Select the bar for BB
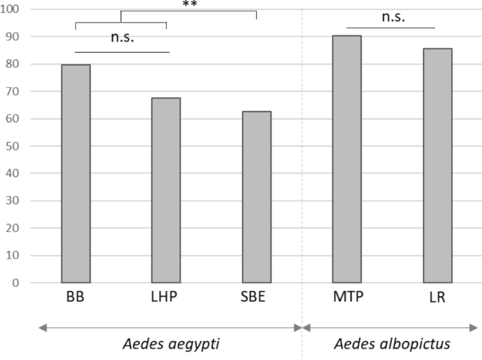pos(76,174)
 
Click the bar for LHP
pos(166,191)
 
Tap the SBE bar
pos(257,197)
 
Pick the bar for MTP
pos(347,159)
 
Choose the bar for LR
pos(437,165)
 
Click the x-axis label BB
pos(76,297)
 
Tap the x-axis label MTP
pos(347,297)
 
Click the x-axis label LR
pos(437,297)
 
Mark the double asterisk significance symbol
pos(189,4)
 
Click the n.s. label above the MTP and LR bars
pos(393,17)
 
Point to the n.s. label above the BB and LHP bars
pos(122,38)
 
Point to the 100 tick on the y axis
pos(13,10)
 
